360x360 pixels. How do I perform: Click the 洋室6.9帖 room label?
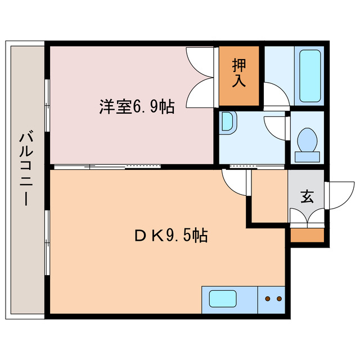(x=137, y=106)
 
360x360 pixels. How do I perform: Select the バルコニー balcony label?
(x=25, y=169)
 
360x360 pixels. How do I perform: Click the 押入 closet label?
(x=239, y=74)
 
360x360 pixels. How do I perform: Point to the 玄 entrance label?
(x=307, y=196)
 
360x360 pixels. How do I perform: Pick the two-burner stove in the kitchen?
(x=272, y=298)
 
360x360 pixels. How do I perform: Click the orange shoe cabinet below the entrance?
(x=307, y=235)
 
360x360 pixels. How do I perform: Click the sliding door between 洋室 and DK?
(x=107, y=166)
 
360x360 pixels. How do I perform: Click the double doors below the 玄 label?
(x=307, y=217)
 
